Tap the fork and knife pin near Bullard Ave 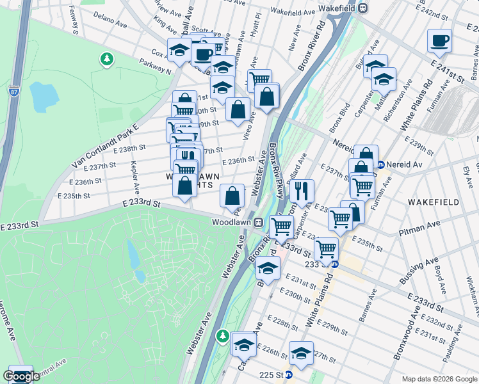pyautogui.click(x=302, y=190)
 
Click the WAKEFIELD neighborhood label pyautogui.click(x=434, y=202)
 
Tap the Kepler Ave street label pyautogui.click(x=136, y=181)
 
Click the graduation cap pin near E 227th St pyautogui.click(x=301, y=353)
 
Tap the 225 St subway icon pyautogui.click(x=289, y=374)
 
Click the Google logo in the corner pyautogui.click(x=22, y=376)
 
